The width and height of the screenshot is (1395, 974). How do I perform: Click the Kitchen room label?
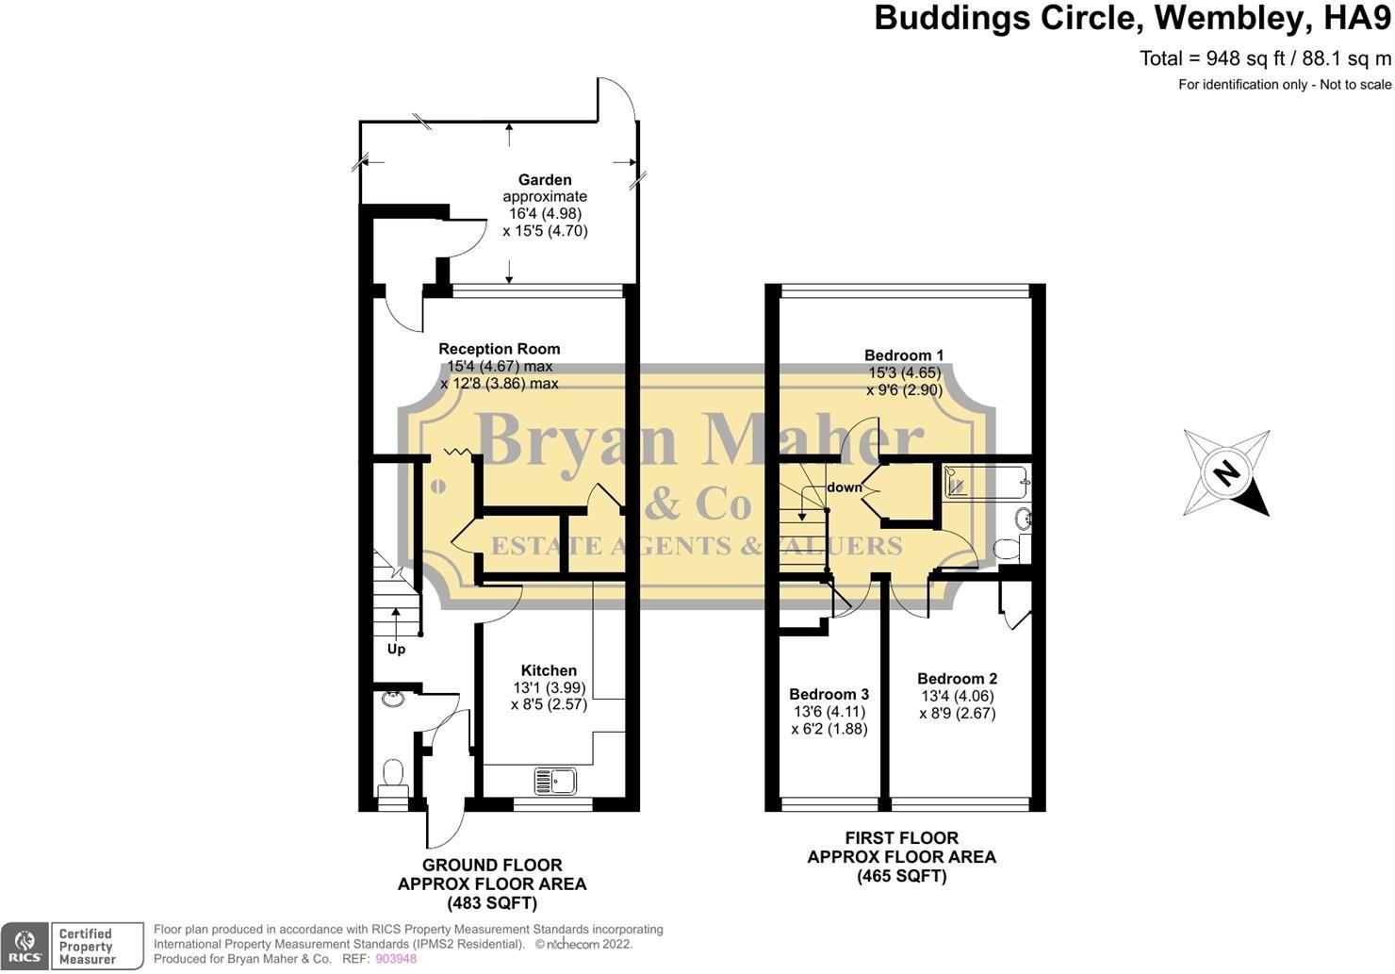click(x=549, y=670)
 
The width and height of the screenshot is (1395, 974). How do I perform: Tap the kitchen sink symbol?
click(x=555, y=781)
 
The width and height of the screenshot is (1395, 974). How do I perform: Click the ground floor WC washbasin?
click(x=393, y=699)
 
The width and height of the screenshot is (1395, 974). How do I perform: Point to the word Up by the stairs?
click(x=396, y=649)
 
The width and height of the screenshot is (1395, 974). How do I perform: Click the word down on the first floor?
click(x=845, y=487)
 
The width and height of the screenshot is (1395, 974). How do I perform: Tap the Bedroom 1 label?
click(x=904, y=355)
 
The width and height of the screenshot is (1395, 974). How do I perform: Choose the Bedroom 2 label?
click(x=958, y=678)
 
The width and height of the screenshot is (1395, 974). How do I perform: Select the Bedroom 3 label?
click(x=829, y=694)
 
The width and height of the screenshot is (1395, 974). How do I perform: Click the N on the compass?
click(x=1226, y=473)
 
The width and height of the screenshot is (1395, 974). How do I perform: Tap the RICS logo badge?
click(x=25, y=947)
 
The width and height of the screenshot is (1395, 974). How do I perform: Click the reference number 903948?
click(x=396, y=959)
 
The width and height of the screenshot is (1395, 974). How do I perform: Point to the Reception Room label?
click(x=500, y=349)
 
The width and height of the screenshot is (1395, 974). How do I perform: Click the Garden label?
click(x=545, y=180)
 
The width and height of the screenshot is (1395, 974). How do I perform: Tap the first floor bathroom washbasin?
click(x=1022, y=518)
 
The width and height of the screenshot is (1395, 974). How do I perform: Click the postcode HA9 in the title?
click(x=1357, y=18)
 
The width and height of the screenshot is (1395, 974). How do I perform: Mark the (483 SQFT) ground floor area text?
click(x=492, y=903)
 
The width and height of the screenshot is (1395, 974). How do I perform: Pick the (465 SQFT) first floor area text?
click(x=902, y=876)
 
